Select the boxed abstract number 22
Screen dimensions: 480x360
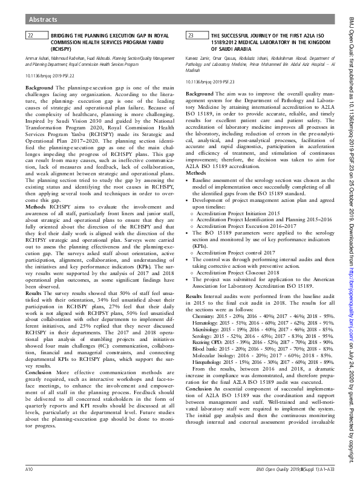click(30, 36)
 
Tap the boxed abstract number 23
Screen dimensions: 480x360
click(190, 36)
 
